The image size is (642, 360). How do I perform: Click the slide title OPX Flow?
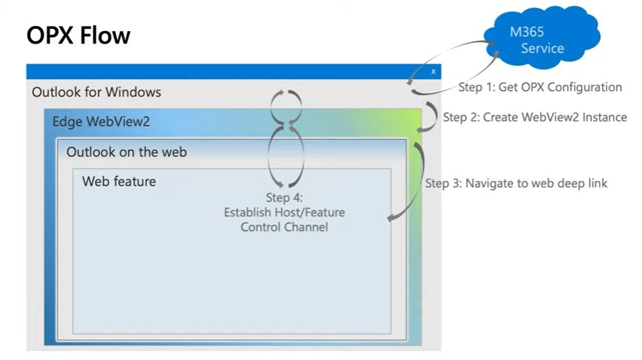(78, 35)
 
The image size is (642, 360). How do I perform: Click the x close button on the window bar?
(433, 72)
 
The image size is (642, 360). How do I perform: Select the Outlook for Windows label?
(96, 92)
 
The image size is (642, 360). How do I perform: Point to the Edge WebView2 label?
(101, 121)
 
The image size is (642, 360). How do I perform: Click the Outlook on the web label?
(126, 152)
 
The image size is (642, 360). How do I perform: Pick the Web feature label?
(119, 181)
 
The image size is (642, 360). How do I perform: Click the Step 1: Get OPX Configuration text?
(540, 87)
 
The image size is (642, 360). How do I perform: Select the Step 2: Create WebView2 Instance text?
(535, 117)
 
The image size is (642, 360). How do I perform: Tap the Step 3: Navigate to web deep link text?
(516, 183)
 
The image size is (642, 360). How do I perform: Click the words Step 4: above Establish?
(284, 198)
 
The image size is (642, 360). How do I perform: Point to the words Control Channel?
(284, 227)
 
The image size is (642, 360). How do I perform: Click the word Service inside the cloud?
(542, 49)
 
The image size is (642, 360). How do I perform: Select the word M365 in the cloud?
(526, 33)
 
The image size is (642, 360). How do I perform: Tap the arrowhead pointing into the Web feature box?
(390, 217)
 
